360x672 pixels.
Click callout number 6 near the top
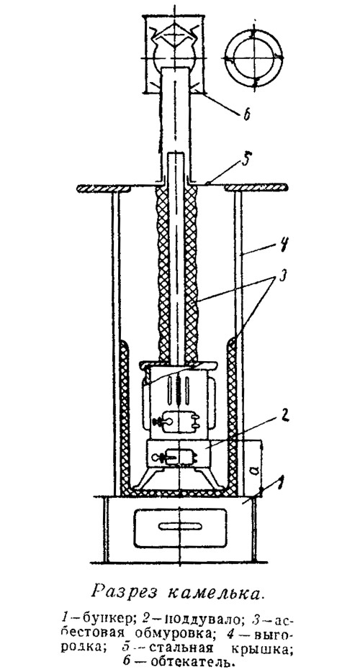tap(246, 116)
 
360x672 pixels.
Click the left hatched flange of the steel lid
tap(103, 188)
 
